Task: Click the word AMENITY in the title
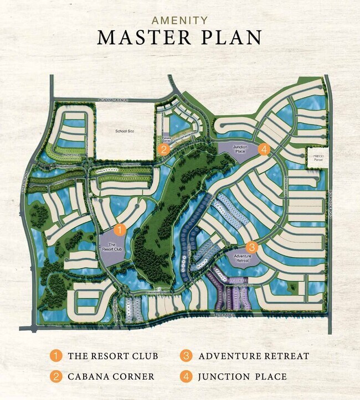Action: [179, 20]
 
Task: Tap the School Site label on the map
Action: [125, 131]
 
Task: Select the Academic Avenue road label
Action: [113, 100]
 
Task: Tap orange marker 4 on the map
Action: [265, 148]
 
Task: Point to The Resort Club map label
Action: [112, 247]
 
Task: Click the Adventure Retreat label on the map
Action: [243, 259]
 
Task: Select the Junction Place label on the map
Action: [240, 149]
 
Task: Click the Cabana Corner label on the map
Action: [166, 139]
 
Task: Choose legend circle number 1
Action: [55, 356]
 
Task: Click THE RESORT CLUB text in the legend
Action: [113, 356]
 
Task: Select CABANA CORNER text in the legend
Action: [111, 377]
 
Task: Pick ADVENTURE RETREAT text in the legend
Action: [254, 356]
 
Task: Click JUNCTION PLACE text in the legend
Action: [243, 377]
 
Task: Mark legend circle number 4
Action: [187, 377]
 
